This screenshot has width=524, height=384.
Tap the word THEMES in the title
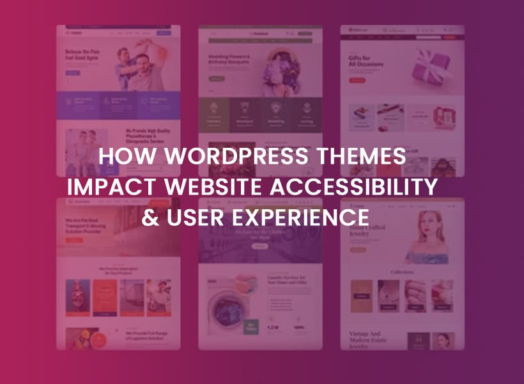(361, 157)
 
